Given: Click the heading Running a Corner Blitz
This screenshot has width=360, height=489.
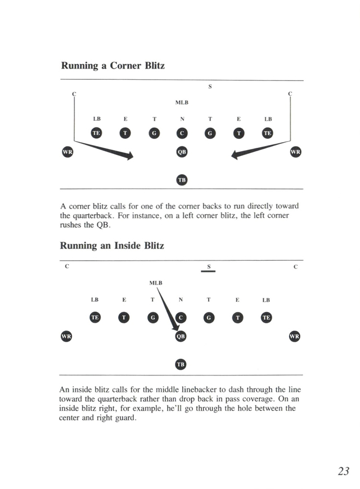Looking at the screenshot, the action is point(112,66).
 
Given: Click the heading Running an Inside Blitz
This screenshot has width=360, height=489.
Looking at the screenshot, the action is point(112,246).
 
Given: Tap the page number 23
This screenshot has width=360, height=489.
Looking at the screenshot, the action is point(344,471).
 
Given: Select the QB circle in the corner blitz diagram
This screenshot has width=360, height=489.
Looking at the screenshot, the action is point(182,152).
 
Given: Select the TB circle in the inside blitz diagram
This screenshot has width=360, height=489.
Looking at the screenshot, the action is point(181,364).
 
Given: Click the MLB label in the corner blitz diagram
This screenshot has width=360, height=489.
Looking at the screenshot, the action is point(182,103).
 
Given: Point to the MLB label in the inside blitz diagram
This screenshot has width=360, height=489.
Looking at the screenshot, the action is point(156,283).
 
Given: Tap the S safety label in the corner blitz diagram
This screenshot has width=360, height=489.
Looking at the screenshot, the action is point(210,87).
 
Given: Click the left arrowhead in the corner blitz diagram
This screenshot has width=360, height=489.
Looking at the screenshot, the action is point(129,155).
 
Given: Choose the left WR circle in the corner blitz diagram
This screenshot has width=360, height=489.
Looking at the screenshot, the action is point(67,152).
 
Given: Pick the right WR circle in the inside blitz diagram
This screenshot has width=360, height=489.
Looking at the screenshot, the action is point(294,336).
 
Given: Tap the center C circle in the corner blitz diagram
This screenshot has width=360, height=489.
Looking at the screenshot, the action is point(182,133).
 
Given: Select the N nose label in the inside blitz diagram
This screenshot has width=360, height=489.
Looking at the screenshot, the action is point(181,300).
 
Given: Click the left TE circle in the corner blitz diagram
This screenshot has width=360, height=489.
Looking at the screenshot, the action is point(97,133).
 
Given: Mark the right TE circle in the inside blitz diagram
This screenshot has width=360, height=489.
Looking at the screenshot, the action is point(266,318).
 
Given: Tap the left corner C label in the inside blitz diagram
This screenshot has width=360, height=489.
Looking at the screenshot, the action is point(67,266).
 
